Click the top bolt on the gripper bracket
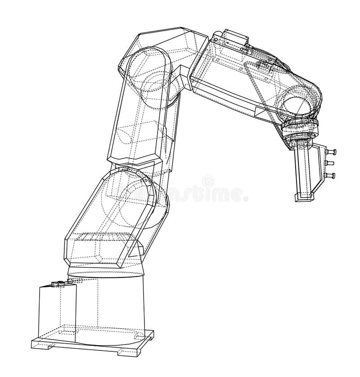(x=333, y=152)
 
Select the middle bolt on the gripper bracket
(x=333, y=164)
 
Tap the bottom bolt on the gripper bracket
(x=333, y=175)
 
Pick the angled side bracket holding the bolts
(x=320, y=167)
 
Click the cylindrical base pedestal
(x=112, y=306)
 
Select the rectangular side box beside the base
(x=56, y=311)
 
